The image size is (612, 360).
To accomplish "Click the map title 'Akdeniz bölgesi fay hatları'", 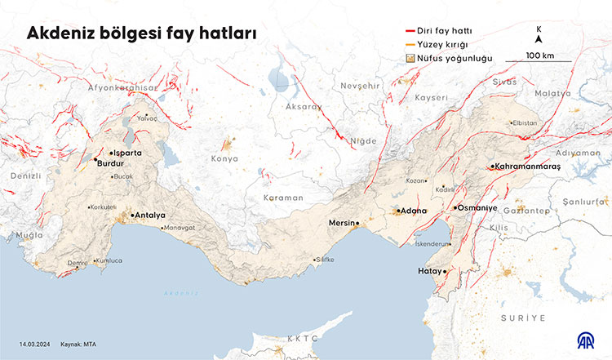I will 142,33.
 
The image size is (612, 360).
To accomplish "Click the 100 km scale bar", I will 538,61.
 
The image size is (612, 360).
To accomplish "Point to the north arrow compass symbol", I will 539,38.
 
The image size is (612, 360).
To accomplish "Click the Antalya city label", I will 150,216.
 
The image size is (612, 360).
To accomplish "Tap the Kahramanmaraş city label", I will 528,167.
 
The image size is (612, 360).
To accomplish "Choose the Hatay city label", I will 428,270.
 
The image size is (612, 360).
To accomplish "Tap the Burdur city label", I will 109,163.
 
